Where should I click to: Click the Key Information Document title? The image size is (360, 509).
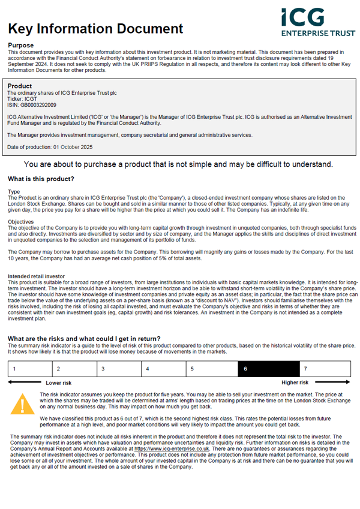point(95,28)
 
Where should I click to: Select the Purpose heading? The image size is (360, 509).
point(20,46)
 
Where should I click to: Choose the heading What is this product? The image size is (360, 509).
point(41,179)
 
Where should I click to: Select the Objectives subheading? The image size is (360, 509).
point(20,222)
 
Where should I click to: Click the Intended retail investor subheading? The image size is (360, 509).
point(36,276)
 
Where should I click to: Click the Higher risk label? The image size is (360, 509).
point(295,382)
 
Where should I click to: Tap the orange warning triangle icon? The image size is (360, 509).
point(22,403)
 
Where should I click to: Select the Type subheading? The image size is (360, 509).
point(13,191)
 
